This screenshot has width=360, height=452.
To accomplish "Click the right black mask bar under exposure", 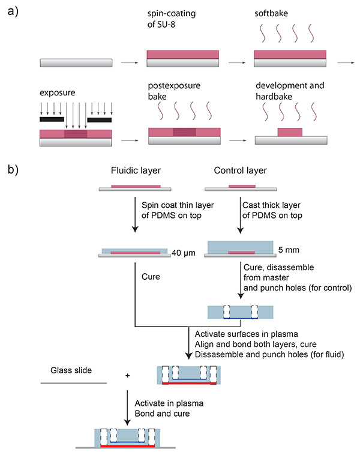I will click(x=98, y=120).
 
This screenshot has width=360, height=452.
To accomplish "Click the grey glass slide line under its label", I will click(x=74, y=382).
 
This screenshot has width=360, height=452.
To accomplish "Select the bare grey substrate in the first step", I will click(x=76, y=62).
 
